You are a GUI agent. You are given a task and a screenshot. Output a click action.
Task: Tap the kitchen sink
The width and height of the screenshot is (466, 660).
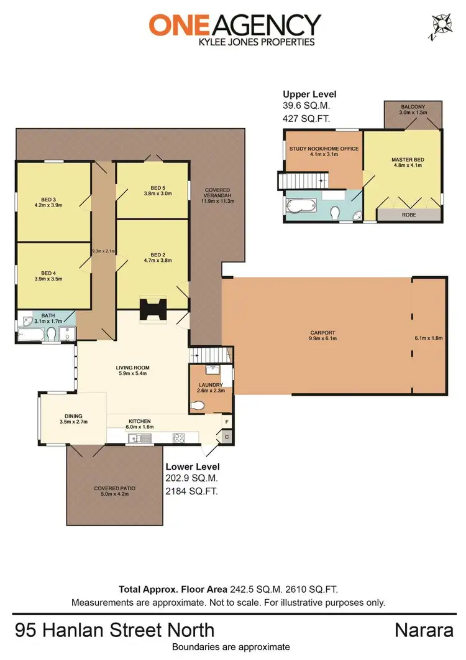coord(137,438)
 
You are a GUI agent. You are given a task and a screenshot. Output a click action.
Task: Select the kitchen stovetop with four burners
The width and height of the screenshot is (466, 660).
coord(178,437)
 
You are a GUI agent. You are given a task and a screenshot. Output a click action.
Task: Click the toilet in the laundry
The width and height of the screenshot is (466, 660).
coord(196,406)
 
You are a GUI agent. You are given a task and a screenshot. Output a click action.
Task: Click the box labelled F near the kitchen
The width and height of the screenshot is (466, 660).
coord(227,422)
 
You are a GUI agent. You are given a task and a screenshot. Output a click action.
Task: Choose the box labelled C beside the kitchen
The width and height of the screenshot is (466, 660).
coord(227,437)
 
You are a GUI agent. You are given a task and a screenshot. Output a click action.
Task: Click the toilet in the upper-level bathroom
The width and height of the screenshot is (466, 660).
coord(336,213)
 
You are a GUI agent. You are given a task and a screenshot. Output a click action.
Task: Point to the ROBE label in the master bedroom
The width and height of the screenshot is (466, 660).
coord(409,215)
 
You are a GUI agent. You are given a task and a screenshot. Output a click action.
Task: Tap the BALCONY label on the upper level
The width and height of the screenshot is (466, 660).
coord(413,107)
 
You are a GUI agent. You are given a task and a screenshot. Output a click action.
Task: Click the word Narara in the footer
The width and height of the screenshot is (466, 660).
coord(423,630)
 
